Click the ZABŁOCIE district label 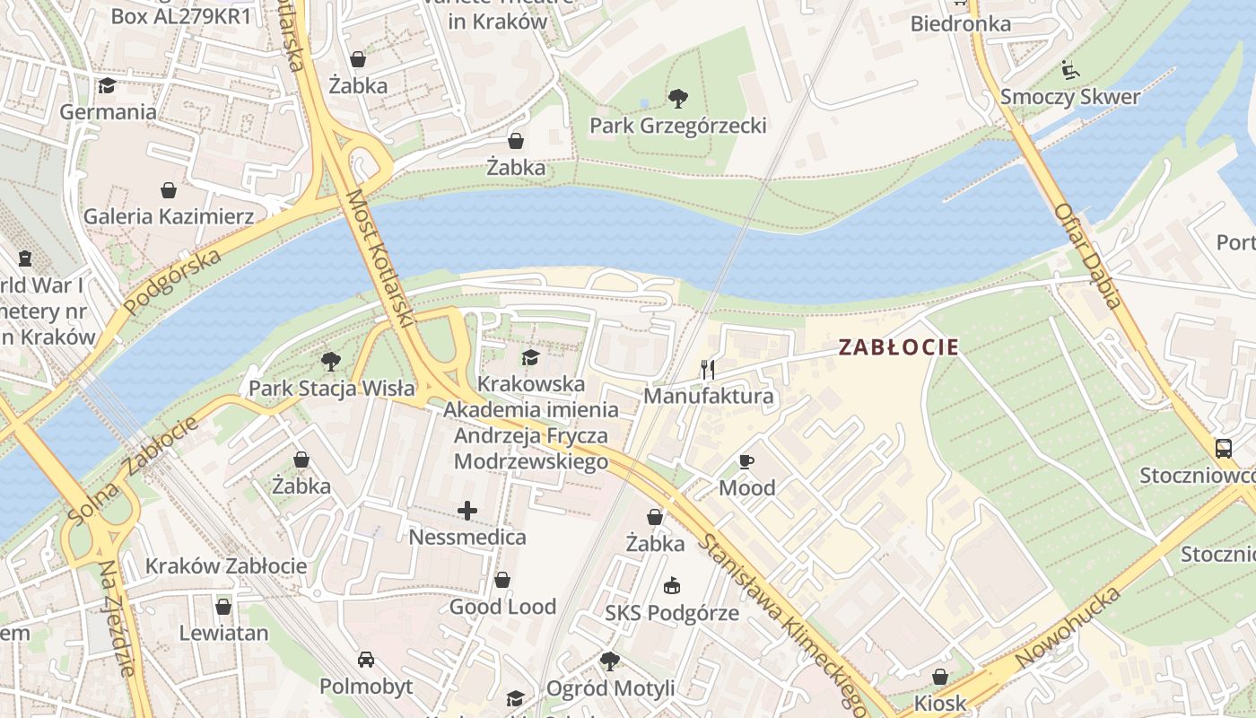click(899, 347)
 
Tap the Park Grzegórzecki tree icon click(678, 98)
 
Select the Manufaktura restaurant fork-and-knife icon click(708, 369)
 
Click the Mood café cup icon click(746, 461)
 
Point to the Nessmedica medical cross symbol click(467, 511)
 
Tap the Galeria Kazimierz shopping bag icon click(169, 190)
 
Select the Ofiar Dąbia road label click(1087, 256)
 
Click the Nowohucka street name click(1068, 628)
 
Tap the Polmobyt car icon click(366, 660)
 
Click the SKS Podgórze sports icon click(671, 586)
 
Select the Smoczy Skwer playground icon click(1069, 70)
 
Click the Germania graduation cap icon click(108, 86)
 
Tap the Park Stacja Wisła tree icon click(331, 362)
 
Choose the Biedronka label click(960, 23)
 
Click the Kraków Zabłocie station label click(226, 566)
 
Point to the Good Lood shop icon click(502, 580)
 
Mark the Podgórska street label click(172, 282)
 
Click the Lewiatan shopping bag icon click(223, 607)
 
